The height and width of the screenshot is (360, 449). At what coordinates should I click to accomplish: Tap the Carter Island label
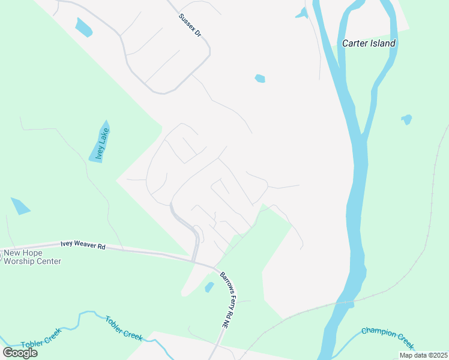(x=369, y=43)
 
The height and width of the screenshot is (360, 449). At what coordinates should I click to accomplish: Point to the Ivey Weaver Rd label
(x=83, y=245)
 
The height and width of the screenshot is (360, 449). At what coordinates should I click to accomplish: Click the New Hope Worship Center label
(x=32, y=257)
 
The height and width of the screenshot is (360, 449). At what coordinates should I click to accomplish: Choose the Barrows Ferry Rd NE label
(x=226, y=300)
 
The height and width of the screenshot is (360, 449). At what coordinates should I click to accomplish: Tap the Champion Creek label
(x=388, y=337)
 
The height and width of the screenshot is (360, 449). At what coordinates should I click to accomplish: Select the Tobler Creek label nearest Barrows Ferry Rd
(x=124, y=328)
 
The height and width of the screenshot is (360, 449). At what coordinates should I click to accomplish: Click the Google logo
(x=20, y=353)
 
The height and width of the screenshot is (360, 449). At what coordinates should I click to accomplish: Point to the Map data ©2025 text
(x=423, y=355)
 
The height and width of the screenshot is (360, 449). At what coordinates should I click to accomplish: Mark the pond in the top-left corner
(x=83, y=27)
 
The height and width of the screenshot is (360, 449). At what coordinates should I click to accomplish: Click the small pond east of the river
(x=407, y=119)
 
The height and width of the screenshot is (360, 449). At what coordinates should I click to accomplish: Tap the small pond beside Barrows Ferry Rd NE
(x=209, y=287)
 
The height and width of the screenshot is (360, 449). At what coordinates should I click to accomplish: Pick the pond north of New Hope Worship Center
(x=20, y=206)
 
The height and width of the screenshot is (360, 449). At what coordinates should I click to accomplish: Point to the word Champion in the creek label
(x=377, y=334)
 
